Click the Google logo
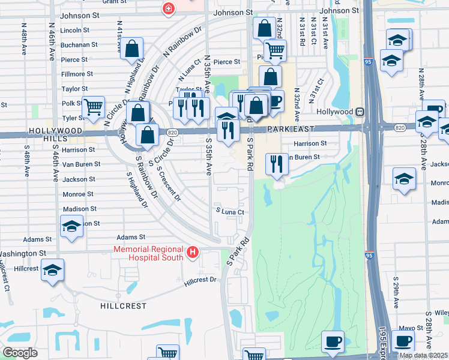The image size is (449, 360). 20,353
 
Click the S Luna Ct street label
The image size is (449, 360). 231,212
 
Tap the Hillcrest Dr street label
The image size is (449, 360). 200,280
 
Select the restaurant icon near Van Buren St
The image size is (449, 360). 276,163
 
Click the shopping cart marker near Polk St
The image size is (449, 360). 93,107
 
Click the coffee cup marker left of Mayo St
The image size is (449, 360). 333,341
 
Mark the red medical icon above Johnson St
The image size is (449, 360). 169,8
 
